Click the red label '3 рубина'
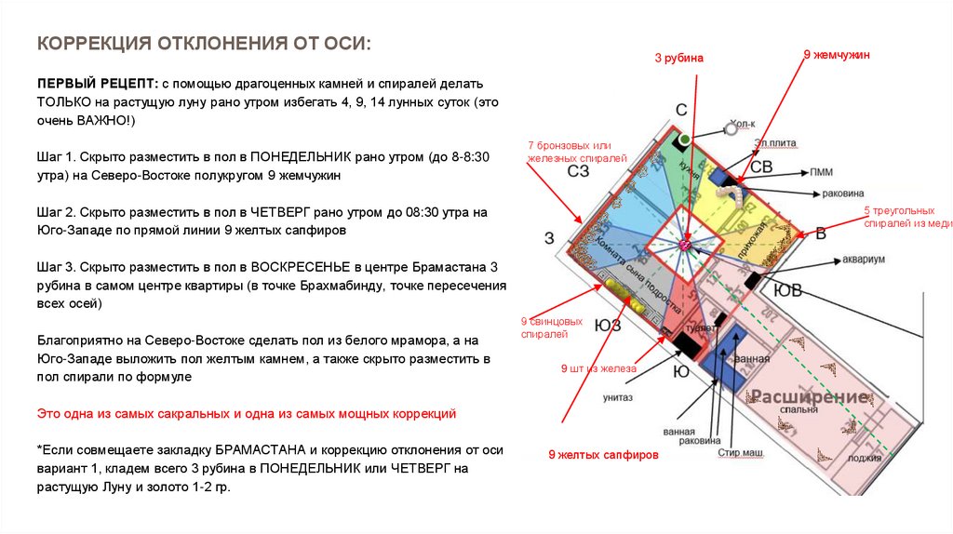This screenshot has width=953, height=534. pos(678,59)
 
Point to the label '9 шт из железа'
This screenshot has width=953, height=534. pos(597,369)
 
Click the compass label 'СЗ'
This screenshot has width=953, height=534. pos(578,170)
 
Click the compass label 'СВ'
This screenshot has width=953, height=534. pos(761,167)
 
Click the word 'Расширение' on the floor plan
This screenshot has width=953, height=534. pos(810,397)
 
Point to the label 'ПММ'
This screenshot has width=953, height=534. pos(821,172)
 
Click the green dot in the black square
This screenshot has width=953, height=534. pos(684,140)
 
